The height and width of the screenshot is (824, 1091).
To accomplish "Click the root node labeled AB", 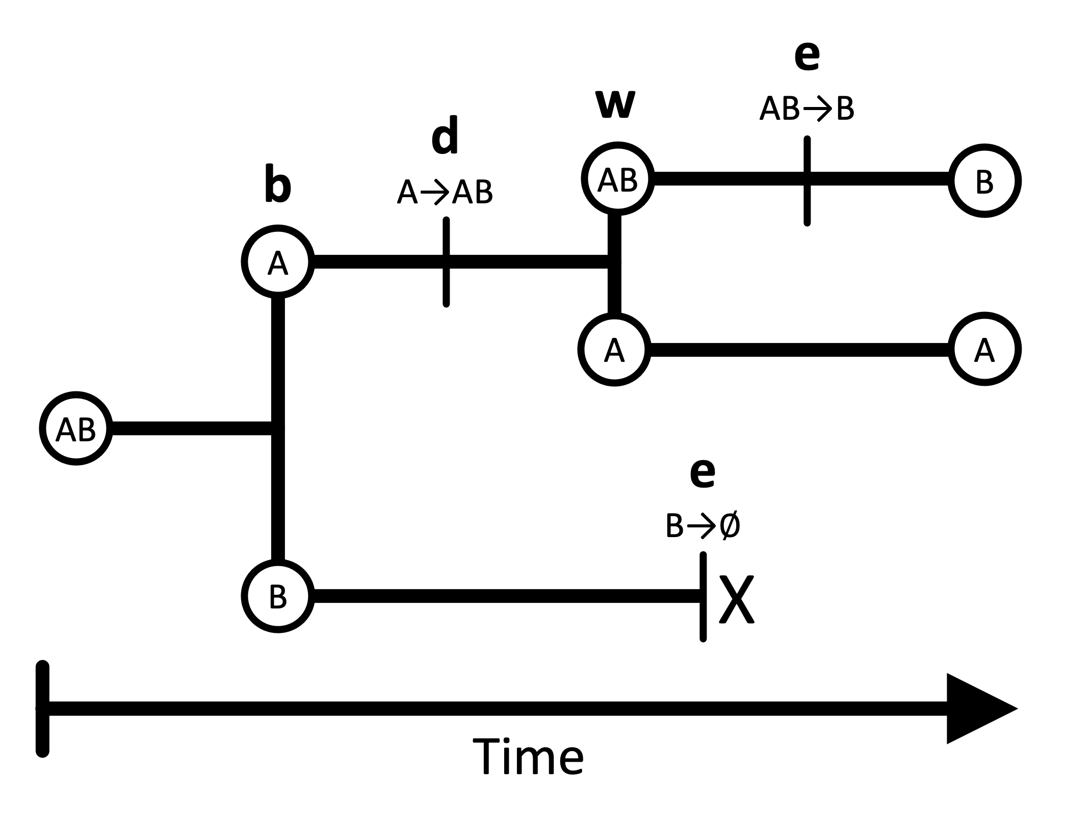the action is [x=76, y=429].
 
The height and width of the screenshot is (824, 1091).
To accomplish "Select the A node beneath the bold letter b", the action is [x=278, y=261].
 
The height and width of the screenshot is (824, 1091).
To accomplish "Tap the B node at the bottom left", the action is [x=278, y=596].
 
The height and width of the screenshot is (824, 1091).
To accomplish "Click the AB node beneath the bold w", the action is [x=618, y=179].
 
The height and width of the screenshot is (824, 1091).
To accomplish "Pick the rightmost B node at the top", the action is [x=985, y=181].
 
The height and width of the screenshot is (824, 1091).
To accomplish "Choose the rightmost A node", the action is [x=985, y=349].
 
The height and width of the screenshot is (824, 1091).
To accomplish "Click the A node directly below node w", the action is [x=615, y=350].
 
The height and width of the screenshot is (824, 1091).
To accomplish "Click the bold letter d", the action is [x=445, y=136].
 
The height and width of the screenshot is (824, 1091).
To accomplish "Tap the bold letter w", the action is [x=616, y=104].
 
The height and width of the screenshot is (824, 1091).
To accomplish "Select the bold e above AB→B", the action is [x=807, y=57].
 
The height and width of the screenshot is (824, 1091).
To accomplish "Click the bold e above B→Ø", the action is [x=703, y=472].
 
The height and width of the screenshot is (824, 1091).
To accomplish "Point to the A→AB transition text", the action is [x=445, y=193].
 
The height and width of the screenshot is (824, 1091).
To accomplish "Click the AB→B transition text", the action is [x=807, y=109].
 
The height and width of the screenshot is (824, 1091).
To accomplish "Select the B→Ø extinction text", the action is [x=703, y=526].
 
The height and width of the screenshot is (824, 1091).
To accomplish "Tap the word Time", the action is [x=528, y=757].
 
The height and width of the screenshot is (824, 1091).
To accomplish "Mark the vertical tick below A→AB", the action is [x=446, y=262].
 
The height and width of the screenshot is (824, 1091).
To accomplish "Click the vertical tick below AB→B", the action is [x=807, y=180].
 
